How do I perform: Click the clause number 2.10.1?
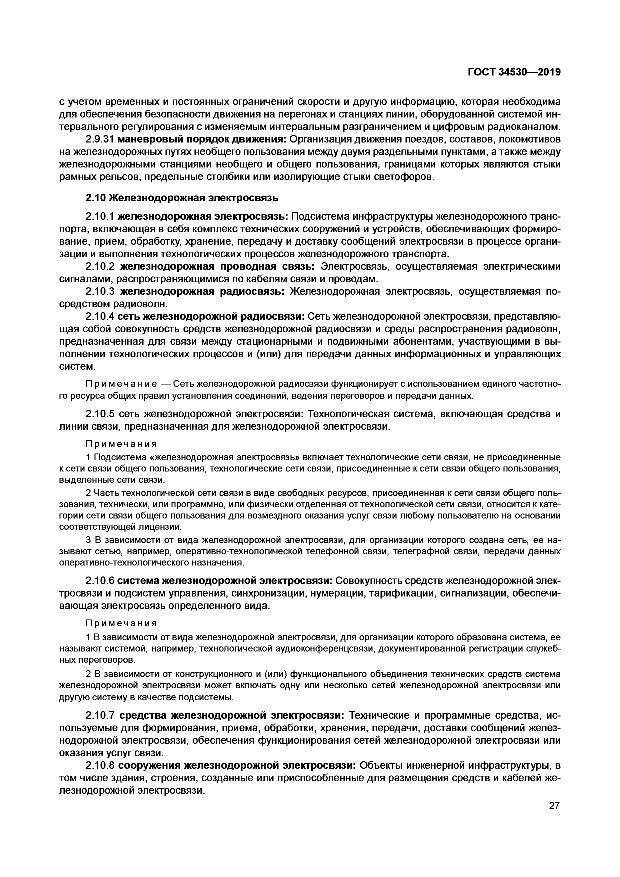(x=100, y=216)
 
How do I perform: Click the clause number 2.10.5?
(x=100, y=414)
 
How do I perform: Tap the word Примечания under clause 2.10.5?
(x=121, y=444)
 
